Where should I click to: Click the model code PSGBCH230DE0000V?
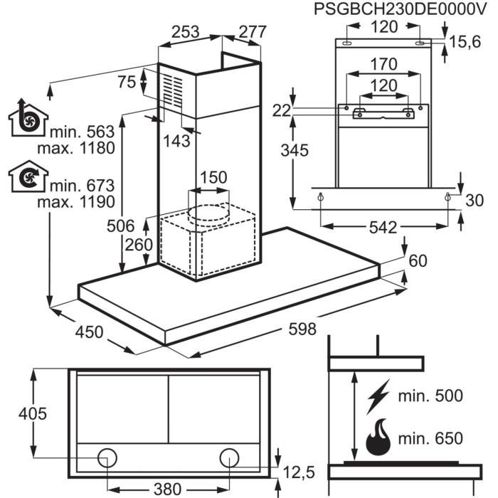400,9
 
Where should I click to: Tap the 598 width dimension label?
302,329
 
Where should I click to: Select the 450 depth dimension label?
89,332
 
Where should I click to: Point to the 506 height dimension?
121,226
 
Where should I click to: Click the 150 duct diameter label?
213,177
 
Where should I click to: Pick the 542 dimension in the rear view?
383,228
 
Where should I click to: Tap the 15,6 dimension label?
465,42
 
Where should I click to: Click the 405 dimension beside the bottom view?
33,413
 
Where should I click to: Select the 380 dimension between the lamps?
167,489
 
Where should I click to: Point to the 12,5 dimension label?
299,472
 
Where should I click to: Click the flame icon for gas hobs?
378,437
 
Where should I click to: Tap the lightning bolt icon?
378,397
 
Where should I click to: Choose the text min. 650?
430,438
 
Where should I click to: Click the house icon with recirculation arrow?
28,176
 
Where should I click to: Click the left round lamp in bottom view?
107,458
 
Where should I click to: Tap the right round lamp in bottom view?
229,458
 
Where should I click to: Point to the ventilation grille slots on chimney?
173,90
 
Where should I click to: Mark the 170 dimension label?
384,64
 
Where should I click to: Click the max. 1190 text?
76,202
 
